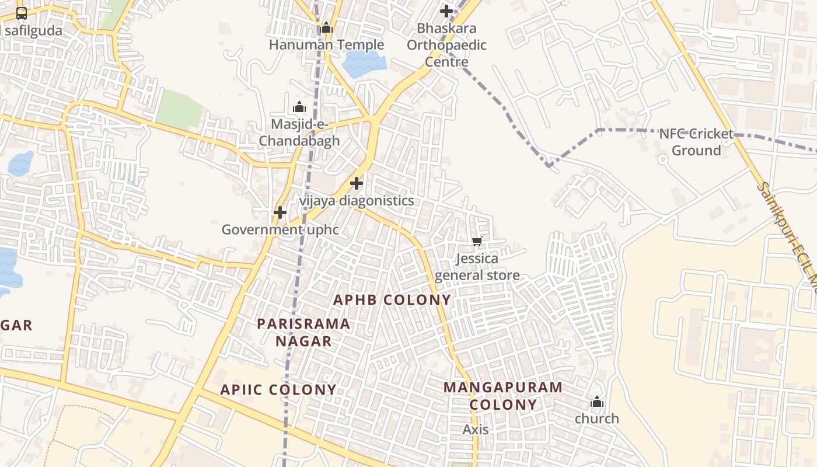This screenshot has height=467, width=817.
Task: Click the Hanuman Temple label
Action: click(326, 45)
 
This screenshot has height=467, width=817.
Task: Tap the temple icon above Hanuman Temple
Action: click(326, 27)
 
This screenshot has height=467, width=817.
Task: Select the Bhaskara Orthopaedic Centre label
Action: click(446, 45)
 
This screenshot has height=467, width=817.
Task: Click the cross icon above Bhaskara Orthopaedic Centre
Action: click(446, 11)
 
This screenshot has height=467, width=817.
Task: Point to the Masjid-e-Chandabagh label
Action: click(299, 133)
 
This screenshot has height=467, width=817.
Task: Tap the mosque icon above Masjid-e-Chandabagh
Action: click(299, 107)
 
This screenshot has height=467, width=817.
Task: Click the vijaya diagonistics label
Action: click(357, 201)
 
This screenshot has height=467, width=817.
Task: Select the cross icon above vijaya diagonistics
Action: click(357, 184)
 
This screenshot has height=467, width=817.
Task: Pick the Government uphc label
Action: click(280, 229)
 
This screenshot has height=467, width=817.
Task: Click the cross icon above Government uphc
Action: click(280, 212)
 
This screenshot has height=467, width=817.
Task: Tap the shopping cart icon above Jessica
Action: click(477, 241)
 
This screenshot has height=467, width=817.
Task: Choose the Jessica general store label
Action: click(477, 267)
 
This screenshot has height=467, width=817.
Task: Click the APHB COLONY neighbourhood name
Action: click(392, 300)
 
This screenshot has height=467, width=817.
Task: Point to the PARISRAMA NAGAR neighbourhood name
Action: click(303, 332)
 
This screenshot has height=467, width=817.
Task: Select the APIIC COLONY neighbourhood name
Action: click(278, 390)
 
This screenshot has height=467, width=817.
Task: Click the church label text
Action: click(597, 419)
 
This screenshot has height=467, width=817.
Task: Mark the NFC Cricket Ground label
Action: click(696, 142)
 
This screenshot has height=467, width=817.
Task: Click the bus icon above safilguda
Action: click(22, 13)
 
